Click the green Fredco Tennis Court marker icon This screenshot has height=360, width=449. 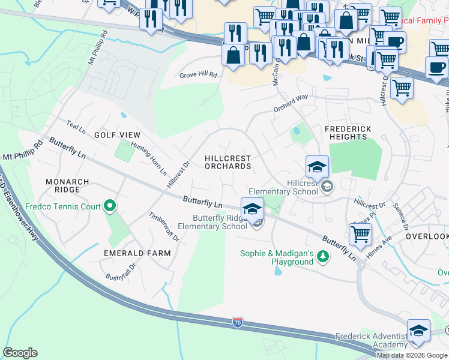coord(109,207)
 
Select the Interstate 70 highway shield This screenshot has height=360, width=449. coord(238,323)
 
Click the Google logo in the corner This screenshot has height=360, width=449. coord(20,353)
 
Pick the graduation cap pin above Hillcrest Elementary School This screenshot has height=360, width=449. coord(317,166)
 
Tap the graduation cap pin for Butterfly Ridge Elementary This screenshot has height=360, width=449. coord(253,208)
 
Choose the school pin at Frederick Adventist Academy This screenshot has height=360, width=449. coord(418,331)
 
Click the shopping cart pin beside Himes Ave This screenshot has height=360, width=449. coord(360,233)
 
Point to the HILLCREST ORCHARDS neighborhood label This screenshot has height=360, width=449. coord(228,162)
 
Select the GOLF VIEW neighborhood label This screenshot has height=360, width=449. coord(117,135)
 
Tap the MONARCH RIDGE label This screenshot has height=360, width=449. coord(68,185)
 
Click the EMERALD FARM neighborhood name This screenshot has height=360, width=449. coord(137,253)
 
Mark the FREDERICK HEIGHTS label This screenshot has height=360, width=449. coord(348,133)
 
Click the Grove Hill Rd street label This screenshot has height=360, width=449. coord(197,75)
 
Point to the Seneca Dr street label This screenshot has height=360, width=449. coord(401,218)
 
